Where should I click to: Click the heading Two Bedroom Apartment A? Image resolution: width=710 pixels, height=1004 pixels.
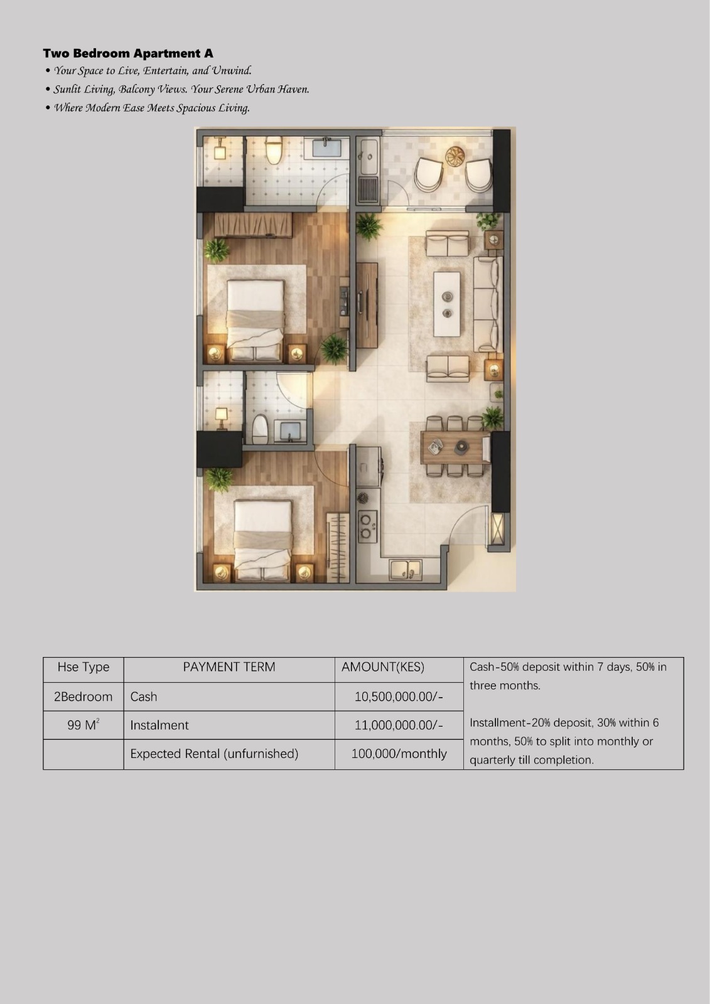128,53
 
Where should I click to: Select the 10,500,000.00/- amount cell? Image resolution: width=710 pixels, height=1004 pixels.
399,697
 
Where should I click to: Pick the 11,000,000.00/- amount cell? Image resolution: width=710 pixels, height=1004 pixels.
399,725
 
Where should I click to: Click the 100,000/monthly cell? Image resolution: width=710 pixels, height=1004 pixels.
399,754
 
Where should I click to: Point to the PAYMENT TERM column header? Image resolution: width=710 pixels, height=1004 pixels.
229,667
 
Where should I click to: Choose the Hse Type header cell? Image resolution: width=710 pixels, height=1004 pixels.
83,667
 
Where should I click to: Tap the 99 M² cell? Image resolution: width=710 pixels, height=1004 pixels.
83,725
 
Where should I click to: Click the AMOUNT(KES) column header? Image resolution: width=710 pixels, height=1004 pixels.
382,667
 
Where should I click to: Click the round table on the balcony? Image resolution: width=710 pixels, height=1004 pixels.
455,156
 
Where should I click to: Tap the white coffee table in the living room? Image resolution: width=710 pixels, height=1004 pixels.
447,304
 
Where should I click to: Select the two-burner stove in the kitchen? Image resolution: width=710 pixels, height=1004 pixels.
367,526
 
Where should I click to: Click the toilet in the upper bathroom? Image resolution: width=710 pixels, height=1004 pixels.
273,150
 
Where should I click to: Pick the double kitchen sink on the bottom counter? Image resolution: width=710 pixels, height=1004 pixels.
406,570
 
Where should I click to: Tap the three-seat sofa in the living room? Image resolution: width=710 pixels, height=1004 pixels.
488,304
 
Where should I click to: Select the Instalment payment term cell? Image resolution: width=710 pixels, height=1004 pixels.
229,725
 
